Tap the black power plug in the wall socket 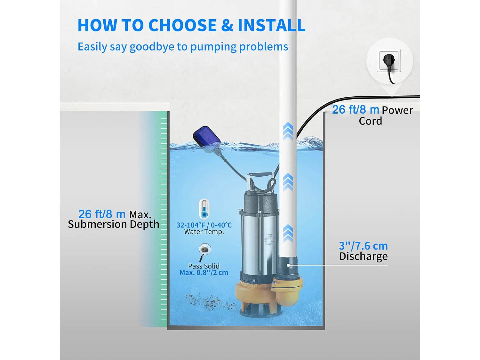pyautogui.click(x=389, y=61)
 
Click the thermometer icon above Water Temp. pyautogui.click(x=204, y=209)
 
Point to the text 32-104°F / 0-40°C pyautogui.click(x=204, y=225)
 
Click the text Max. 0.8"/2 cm pyautogui.click(x=204, y=273)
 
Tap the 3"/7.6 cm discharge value pyautogui.click(x=363, y=246)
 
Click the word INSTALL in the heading pyautogui.click(x=271, y=25)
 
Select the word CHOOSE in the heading pyautogui.click(x=182, y=25)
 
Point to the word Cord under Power pyautogui.click(x=370, y=121)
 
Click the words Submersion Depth pyautogui.click(x=114, y=224)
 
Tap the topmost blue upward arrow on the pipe pyautogui.click(x=288, y=131)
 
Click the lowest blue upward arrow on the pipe pyautogui.click(x=288, y=233)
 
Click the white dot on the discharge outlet pyautogui.click(x=288, y=265)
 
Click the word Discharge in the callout pyautogui.click(x=363, y=256)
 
